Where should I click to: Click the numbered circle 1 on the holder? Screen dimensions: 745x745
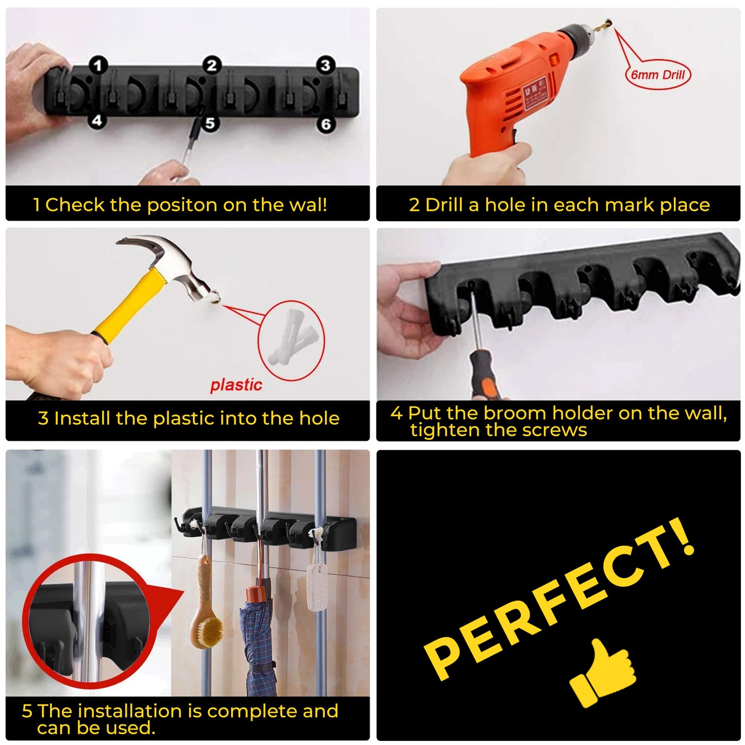coord(98,65)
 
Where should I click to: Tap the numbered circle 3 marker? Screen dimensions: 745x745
coord(325,65)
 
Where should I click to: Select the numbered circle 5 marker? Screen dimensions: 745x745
coord(209,124)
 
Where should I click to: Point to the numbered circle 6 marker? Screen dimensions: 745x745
coord(326,124)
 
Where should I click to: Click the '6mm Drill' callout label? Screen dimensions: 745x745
coord(658,75)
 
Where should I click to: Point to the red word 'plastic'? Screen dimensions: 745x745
coord(236,385)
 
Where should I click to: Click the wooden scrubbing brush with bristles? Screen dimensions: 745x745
coord(206,619)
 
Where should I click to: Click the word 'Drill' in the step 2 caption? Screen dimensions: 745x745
coord(443,205)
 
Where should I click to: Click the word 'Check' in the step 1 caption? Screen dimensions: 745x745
coord(75,205)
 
